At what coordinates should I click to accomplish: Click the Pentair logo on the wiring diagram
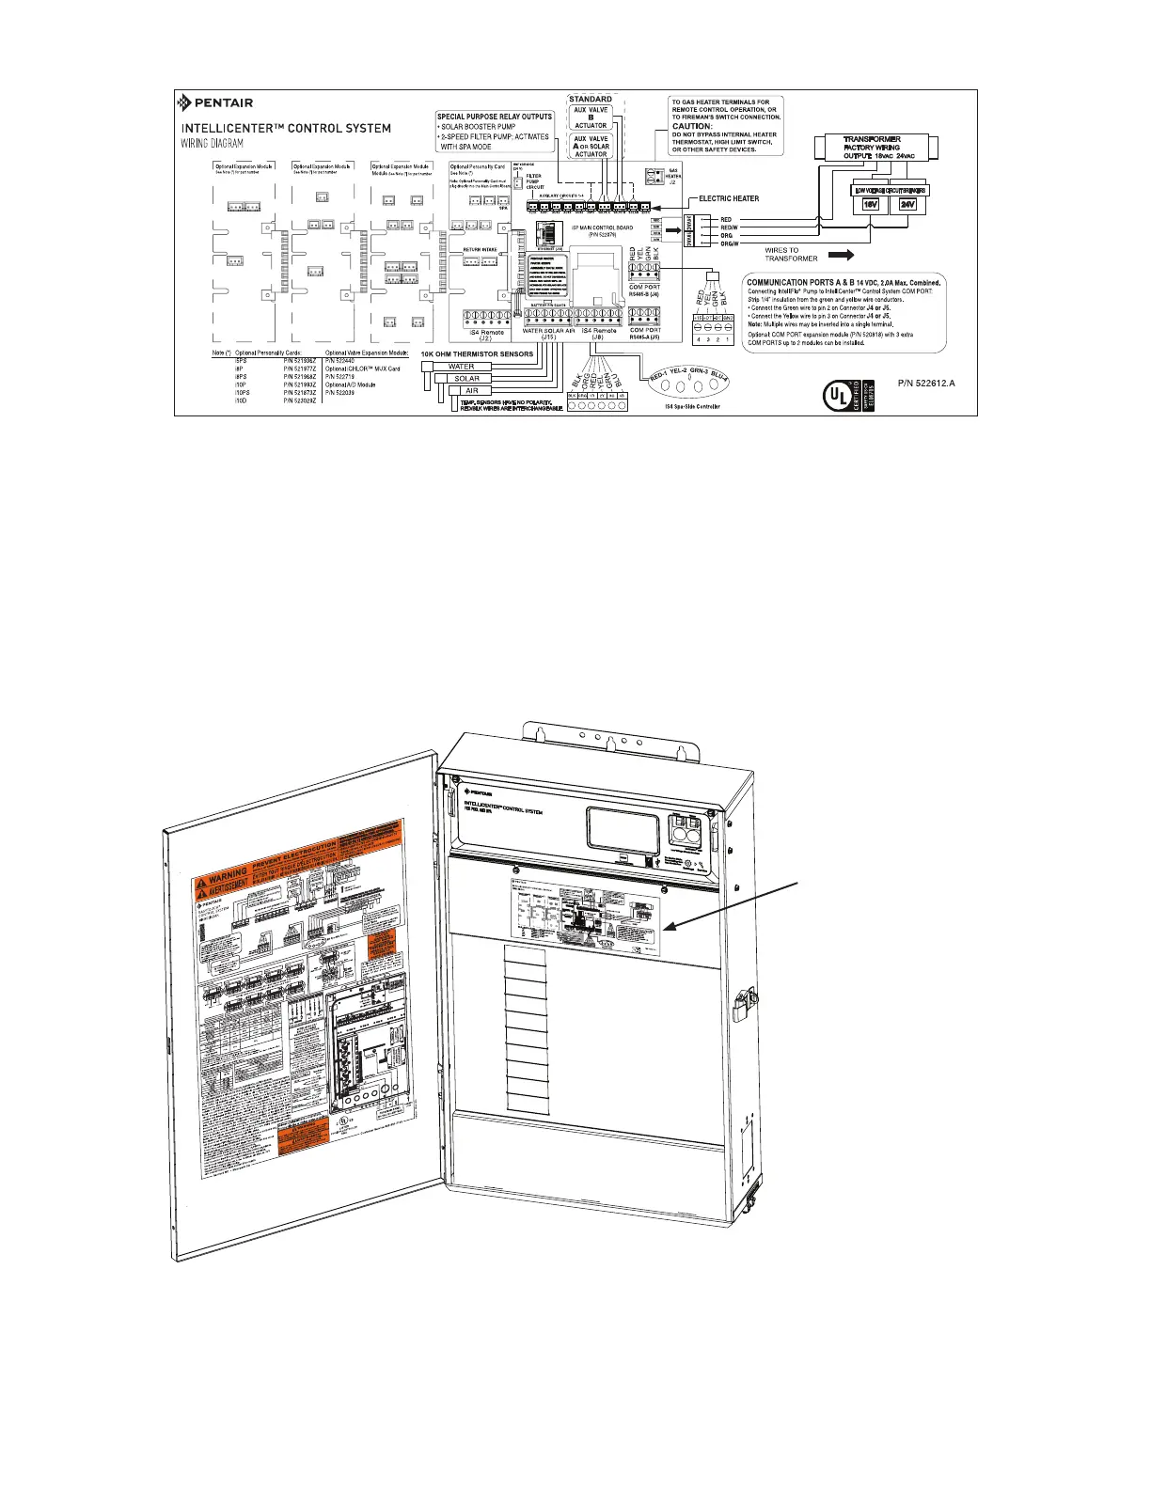point(215,103)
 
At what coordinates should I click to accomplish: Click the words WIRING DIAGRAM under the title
point(213,144)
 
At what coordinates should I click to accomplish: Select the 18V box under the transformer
point(871,204)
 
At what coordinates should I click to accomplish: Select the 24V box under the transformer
point(908,204)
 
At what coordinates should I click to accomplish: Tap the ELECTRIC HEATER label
point(729,199)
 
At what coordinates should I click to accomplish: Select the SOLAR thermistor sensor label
point(466,379)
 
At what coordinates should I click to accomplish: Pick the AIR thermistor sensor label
point(471,390)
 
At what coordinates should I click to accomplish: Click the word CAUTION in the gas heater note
point(692,126)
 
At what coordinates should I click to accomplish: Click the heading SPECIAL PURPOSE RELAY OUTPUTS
point(495,117)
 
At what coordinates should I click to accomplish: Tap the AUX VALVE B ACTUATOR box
point(591,118)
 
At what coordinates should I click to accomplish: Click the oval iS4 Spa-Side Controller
point(689,378)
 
